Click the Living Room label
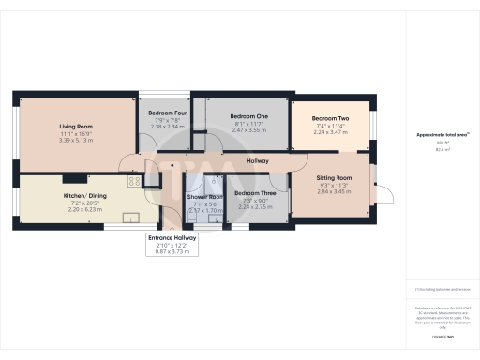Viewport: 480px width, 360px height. pos(75,125)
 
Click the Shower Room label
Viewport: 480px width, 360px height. pos(203,197)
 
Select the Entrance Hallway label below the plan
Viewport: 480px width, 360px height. pos(173,238)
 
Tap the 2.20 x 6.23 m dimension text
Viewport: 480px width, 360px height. pos(81,213)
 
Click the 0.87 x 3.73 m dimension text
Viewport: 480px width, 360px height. pos(173,252)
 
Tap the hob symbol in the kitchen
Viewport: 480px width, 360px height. pos(134,181)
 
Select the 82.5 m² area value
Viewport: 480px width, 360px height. pos(442,149)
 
